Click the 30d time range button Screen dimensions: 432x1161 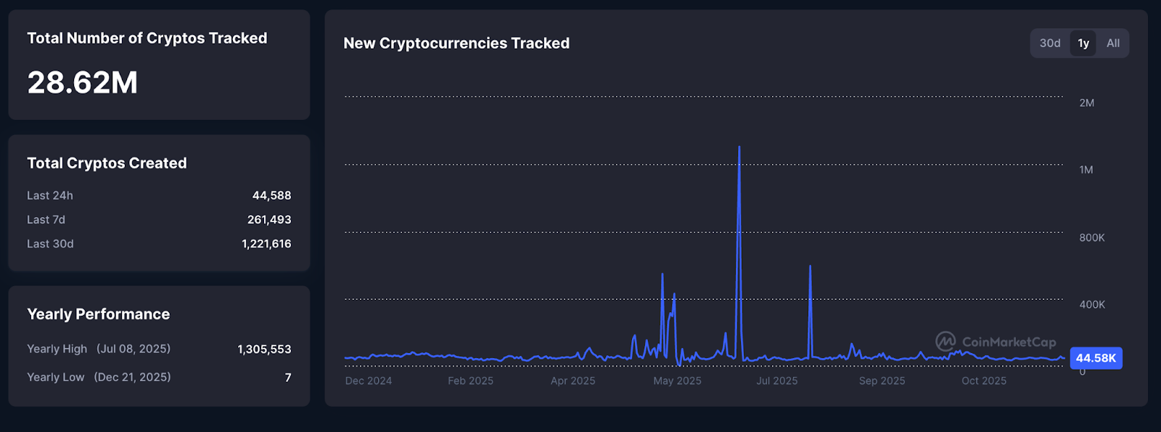tap(1050, 44)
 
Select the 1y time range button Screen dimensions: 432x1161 tap(1083, 44)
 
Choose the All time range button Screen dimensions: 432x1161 tap(1113, 44)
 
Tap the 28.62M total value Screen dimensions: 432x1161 tap(83, 83)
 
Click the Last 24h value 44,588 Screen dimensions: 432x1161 tap(271, 195)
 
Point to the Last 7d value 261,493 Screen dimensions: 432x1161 tap(269, 219)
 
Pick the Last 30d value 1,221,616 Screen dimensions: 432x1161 tap(266, 244)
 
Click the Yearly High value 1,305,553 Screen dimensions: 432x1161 tap(264, 349)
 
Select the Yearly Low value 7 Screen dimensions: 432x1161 tap(288, 378)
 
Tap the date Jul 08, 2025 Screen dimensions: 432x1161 tap(134, 349)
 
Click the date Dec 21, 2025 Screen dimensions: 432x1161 tap(132, 378)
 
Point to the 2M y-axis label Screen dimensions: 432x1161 tap(1086, 103)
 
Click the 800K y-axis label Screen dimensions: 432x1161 tap(1091, 238)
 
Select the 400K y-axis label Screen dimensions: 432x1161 tap(1091, 305)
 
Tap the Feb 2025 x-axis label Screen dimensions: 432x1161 tap(470, 381)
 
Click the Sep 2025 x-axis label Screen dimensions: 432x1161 tap(882, 381)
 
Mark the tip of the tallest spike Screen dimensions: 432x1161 tap(739, 147)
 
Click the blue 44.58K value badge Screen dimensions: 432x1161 tap(1096, 358)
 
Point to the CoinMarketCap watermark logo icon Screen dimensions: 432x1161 tap(945, 341)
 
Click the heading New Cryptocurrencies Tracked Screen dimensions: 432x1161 tap(456, 44)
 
